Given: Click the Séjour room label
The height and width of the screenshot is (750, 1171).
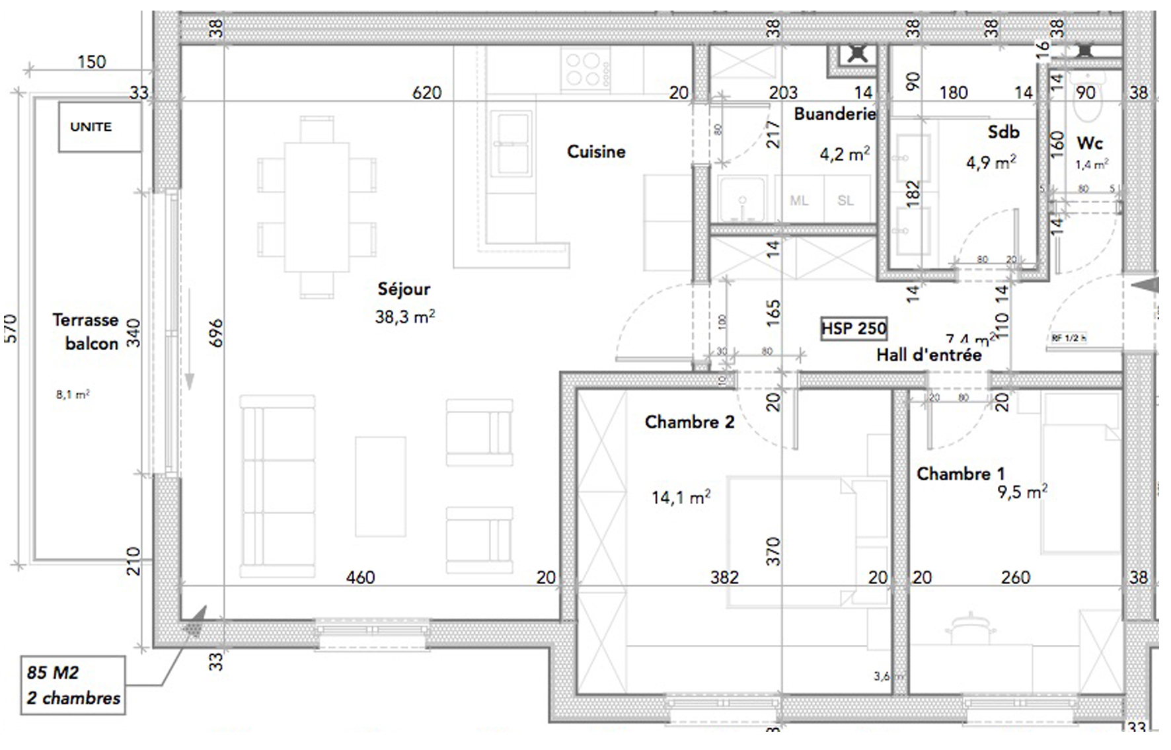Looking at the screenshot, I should pos(404,289).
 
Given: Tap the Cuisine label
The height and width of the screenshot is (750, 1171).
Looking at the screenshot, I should pos(596,151).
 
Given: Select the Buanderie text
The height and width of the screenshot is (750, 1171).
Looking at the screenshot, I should pos(834,114).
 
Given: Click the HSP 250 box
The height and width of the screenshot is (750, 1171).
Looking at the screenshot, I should pos(854,328).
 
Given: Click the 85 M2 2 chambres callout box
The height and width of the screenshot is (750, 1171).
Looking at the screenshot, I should pos(73,685).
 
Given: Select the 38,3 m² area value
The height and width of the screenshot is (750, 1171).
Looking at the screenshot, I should pos(404,317).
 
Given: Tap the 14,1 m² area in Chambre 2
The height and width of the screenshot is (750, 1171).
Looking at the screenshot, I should pos(681,497).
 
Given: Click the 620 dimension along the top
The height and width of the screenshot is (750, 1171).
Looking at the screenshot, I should pos(426,93).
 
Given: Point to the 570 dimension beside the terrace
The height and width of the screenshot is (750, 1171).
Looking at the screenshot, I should pos(11,328).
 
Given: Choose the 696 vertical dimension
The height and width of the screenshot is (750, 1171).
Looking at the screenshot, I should pos(216,333).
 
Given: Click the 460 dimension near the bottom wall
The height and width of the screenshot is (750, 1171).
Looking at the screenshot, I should pos(360,578).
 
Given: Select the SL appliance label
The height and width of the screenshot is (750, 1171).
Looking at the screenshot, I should pos(846,201).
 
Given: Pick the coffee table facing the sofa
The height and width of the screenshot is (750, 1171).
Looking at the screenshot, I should pos(380,486).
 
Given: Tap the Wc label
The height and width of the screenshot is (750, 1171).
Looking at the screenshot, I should pos(1089,143).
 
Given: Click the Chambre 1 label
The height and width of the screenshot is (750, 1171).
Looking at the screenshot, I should pos(960,474).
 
